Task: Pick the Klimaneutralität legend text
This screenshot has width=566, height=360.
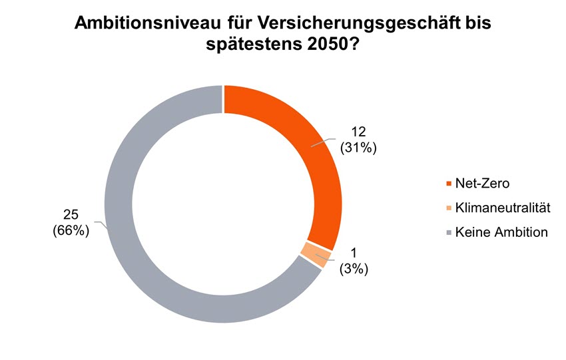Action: [x=503, y=208]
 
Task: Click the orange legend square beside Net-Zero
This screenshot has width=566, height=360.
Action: [x=449, y=184]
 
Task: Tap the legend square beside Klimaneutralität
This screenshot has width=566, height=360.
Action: [x=449, y=209]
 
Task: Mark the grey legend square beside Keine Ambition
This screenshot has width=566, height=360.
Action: [x=449, y=233]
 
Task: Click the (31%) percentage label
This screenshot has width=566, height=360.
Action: [x=359, y=148]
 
